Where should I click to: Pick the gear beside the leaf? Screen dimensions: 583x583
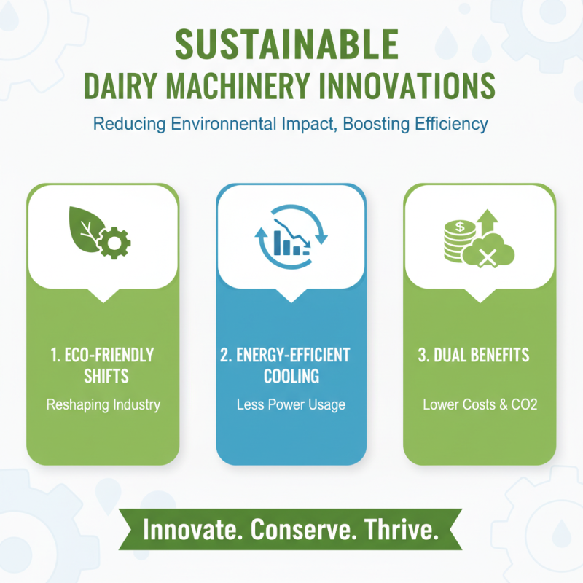point(114,243)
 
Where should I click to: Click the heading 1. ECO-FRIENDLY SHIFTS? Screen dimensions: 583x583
point(103,365)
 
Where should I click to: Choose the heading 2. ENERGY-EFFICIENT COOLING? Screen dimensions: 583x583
point(291,365)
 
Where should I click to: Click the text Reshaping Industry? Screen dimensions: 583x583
point(103,404)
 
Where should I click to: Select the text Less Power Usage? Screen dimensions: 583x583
point(291,404)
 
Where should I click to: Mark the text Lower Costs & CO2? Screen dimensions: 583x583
point(480,404)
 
